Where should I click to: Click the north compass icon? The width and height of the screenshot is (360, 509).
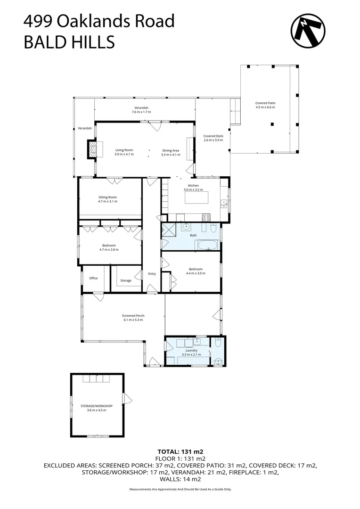pyautogui.click(x=308, y=31)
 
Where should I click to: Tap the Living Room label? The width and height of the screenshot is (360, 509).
pyautogui.click(x=124, y=150)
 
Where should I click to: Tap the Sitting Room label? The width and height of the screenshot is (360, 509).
pyautogui.click(x=107, y=197)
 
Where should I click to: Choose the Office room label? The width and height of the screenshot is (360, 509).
pyautogui.click(x=93, y=278)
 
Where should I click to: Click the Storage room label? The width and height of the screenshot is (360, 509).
pyautogui.click(x=126, y=280)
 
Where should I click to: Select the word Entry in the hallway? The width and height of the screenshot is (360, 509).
pyautogui.click(x=152, y=274)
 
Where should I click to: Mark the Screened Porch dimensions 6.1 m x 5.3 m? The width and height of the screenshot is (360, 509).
pyautogui.click(x=133, y=320)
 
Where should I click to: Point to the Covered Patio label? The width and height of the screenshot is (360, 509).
pyautogui.click(x=265, y=103)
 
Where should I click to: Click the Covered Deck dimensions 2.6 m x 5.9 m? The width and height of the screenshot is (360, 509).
pyautogui.click(x=213, y=140)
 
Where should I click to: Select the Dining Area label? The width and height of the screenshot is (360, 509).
pyautogui.click(x=170, y=150)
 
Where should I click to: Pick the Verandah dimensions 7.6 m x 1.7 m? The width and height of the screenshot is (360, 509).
pyautogui.click(x=141, y=112)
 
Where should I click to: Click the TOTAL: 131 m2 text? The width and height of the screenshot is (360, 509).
pyautogui.click(x=180, y=451)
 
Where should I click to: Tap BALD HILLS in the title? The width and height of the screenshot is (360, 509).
pyautogui.click(x=69, y=42)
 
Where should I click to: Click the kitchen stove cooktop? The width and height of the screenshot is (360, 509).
pyautogui.click(x=206, y=217)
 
